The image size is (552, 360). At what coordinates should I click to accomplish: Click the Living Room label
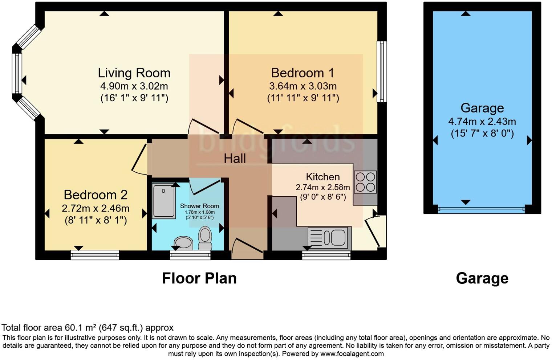point(134,73)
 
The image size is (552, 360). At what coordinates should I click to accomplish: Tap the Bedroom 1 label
point(302,73)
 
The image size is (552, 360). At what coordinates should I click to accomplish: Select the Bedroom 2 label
point(96,195)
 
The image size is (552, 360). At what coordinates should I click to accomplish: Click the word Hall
point(235,158)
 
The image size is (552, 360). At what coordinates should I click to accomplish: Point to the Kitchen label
point(322,177)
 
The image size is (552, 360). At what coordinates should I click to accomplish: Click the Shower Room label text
point(199,206)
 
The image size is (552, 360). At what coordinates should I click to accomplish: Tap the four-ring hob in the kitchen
point(365,182)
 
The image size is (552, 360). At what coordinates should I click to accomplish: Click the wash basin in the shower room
point(184,242)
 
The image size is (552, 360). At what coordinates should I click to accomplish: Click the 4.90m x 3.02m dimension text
point(134,86)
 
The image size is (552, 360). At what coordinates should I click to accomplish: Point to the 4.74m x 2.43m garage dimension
point(482,121)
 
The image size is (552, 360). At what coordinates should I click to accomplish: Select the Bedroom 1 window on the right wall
point(381,71)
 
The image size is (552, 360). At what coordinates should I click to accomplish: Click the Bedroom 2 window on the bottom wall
point(95,255)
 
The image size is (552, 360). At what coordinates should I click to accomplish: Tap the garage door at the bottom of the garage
point(481,209)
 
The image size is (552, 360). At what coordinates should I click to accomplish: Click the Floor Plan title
point(199,278)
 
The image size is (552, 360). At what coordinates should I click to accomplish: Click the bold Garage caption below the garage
point(482,278)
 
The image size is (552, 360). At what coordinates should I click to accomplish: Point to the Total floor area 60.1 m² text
point(88,328)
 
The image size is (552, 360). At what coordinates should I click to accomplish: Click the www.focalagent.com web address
point(352,353)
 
